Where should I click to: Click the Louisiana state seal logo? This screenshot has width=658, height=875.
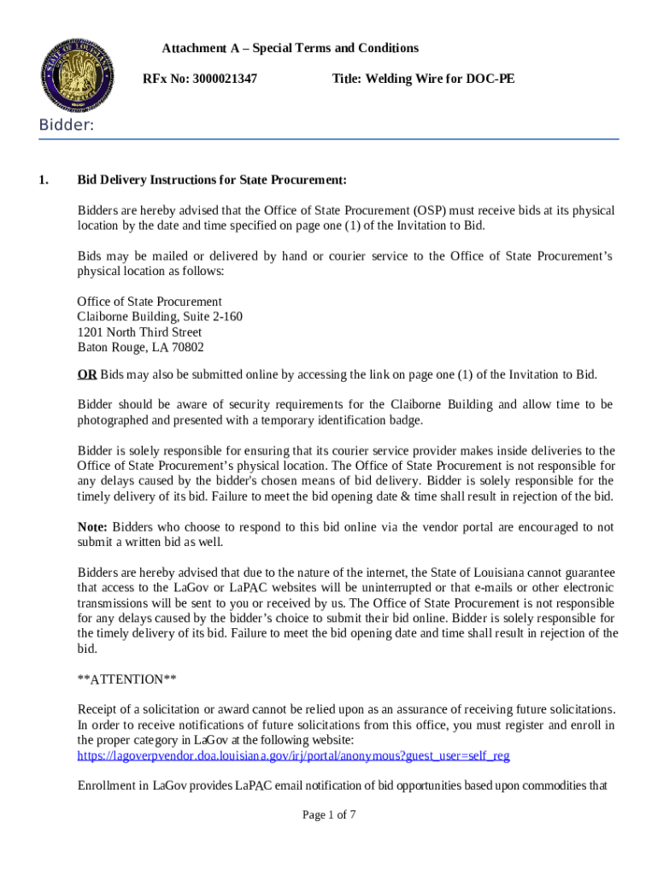tap(78, 75)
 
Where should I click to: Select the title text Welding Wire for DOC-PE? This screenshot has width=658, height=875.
tap(423, 79)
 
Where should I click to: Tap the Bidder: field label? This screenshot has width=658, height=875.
tap(66, 126)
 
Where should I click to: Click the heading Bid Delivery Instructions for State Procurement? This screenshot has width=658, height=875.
tap(212, 180)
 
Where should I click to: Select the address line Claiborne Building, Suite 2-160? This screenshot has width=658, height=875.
tap(160, 317)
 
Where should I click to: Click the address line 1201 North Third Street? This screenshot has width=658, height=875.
tap(139, 332)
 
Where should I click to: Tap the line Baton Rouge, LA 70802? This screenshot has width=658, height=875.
tap(140, 348)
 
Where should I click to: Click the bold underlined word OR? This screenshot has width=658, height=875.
tap(87, 374)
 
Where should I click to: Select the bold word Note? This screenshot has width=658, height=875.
tap(92, 527)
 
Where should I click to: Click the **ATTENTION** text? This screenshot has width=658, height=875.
tap(127, 679)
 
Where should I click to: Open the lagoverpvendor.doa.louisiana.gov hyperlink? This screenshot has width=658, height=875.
tap(293, 755)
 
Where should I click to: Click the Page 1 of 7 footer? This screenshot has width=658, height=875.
tap(329, 815)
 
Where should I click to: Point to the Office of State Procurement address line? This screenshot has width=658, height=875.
tap(150, 302)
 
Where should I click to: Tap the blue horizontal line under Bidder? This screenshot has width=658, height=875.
tap(329, 138)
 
